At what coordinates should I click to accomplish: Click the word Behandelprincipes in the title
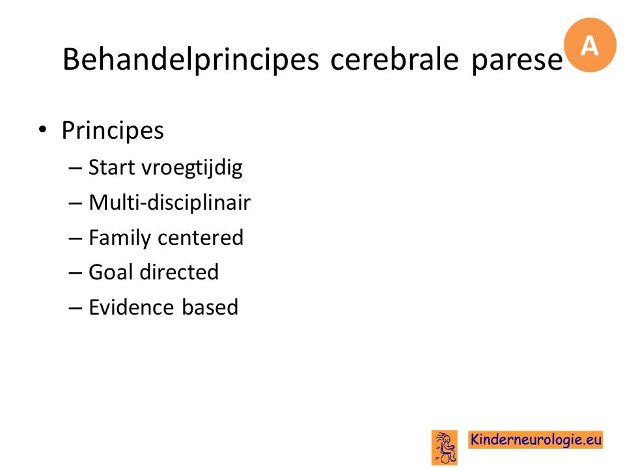coord(191,59)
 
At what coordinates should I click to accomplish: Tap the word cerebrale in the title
coord(395,59)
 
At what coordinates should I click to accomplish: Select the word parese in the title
coord(517,62)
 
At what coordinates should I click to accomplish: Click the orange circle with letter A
coord(590,45)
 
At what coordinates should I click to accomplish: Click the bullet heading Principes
coord(113,131)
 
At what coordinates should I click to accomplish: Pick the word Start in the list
coord(111,167)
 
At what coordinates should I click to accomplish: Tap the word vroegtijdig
coord(192,169)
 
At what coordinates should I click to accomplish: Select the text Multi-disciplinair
coord(169,202)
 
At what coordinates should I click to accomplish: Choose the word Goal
coord(111,272)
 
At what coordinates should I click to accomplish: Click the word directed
coord(180,272)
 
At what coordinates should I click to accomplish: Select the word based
coord(210,307)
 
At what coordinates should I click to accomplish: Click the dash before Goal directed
coord(76,274)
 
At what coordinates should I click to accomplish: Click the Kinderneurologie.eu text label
coord(535,440)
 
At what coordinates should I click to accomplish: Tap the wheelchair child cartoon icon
coord(445,448)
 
